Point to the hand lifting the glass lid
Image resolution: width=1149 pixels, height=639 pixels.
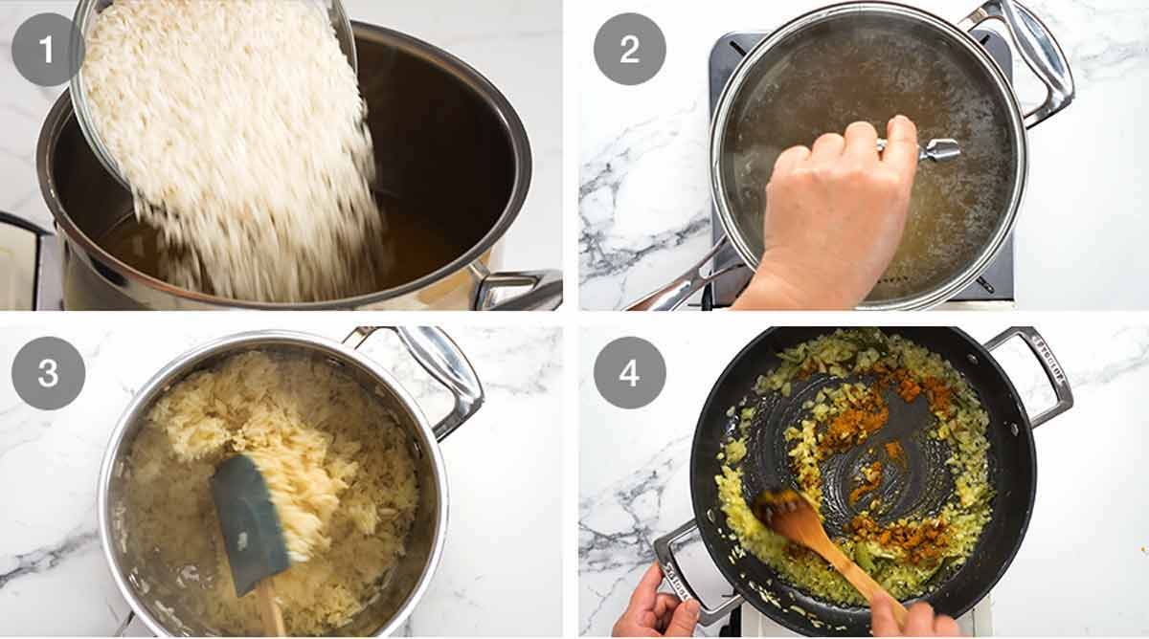click(x=833, y=220)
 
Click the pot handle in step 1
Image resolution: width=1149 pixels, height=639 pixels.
click(x=517, y=287)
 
